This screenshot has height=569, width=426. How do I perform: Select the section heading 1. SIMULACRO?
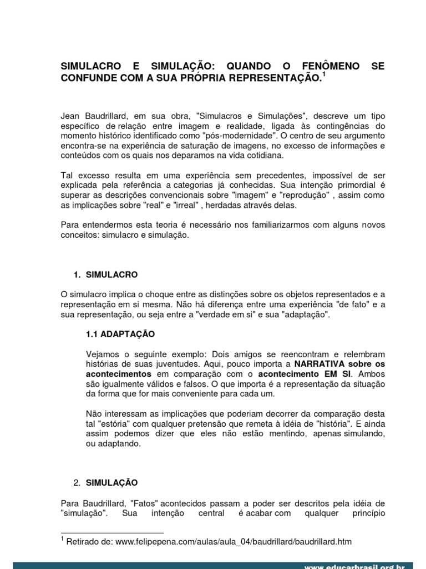pos(106,274)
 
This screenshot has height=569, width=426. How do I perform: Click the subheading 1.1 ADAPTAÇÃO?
pos(120,335)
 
